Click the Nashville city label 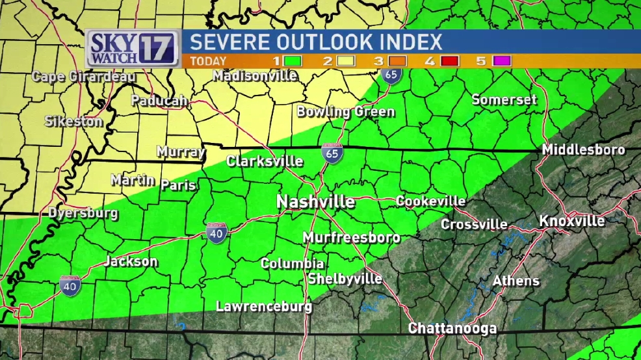316,201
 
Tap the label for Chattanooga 452,328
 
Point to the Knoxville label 572,221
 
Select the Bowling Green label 346,112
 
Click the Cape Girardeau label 84,77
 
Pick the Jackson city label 131,262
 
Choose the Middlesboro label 584,150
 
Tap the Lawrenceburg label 264,306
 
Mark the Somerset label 504,100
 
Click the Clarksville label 265,161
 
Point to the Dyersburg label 83,213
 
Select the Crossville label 475,225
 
